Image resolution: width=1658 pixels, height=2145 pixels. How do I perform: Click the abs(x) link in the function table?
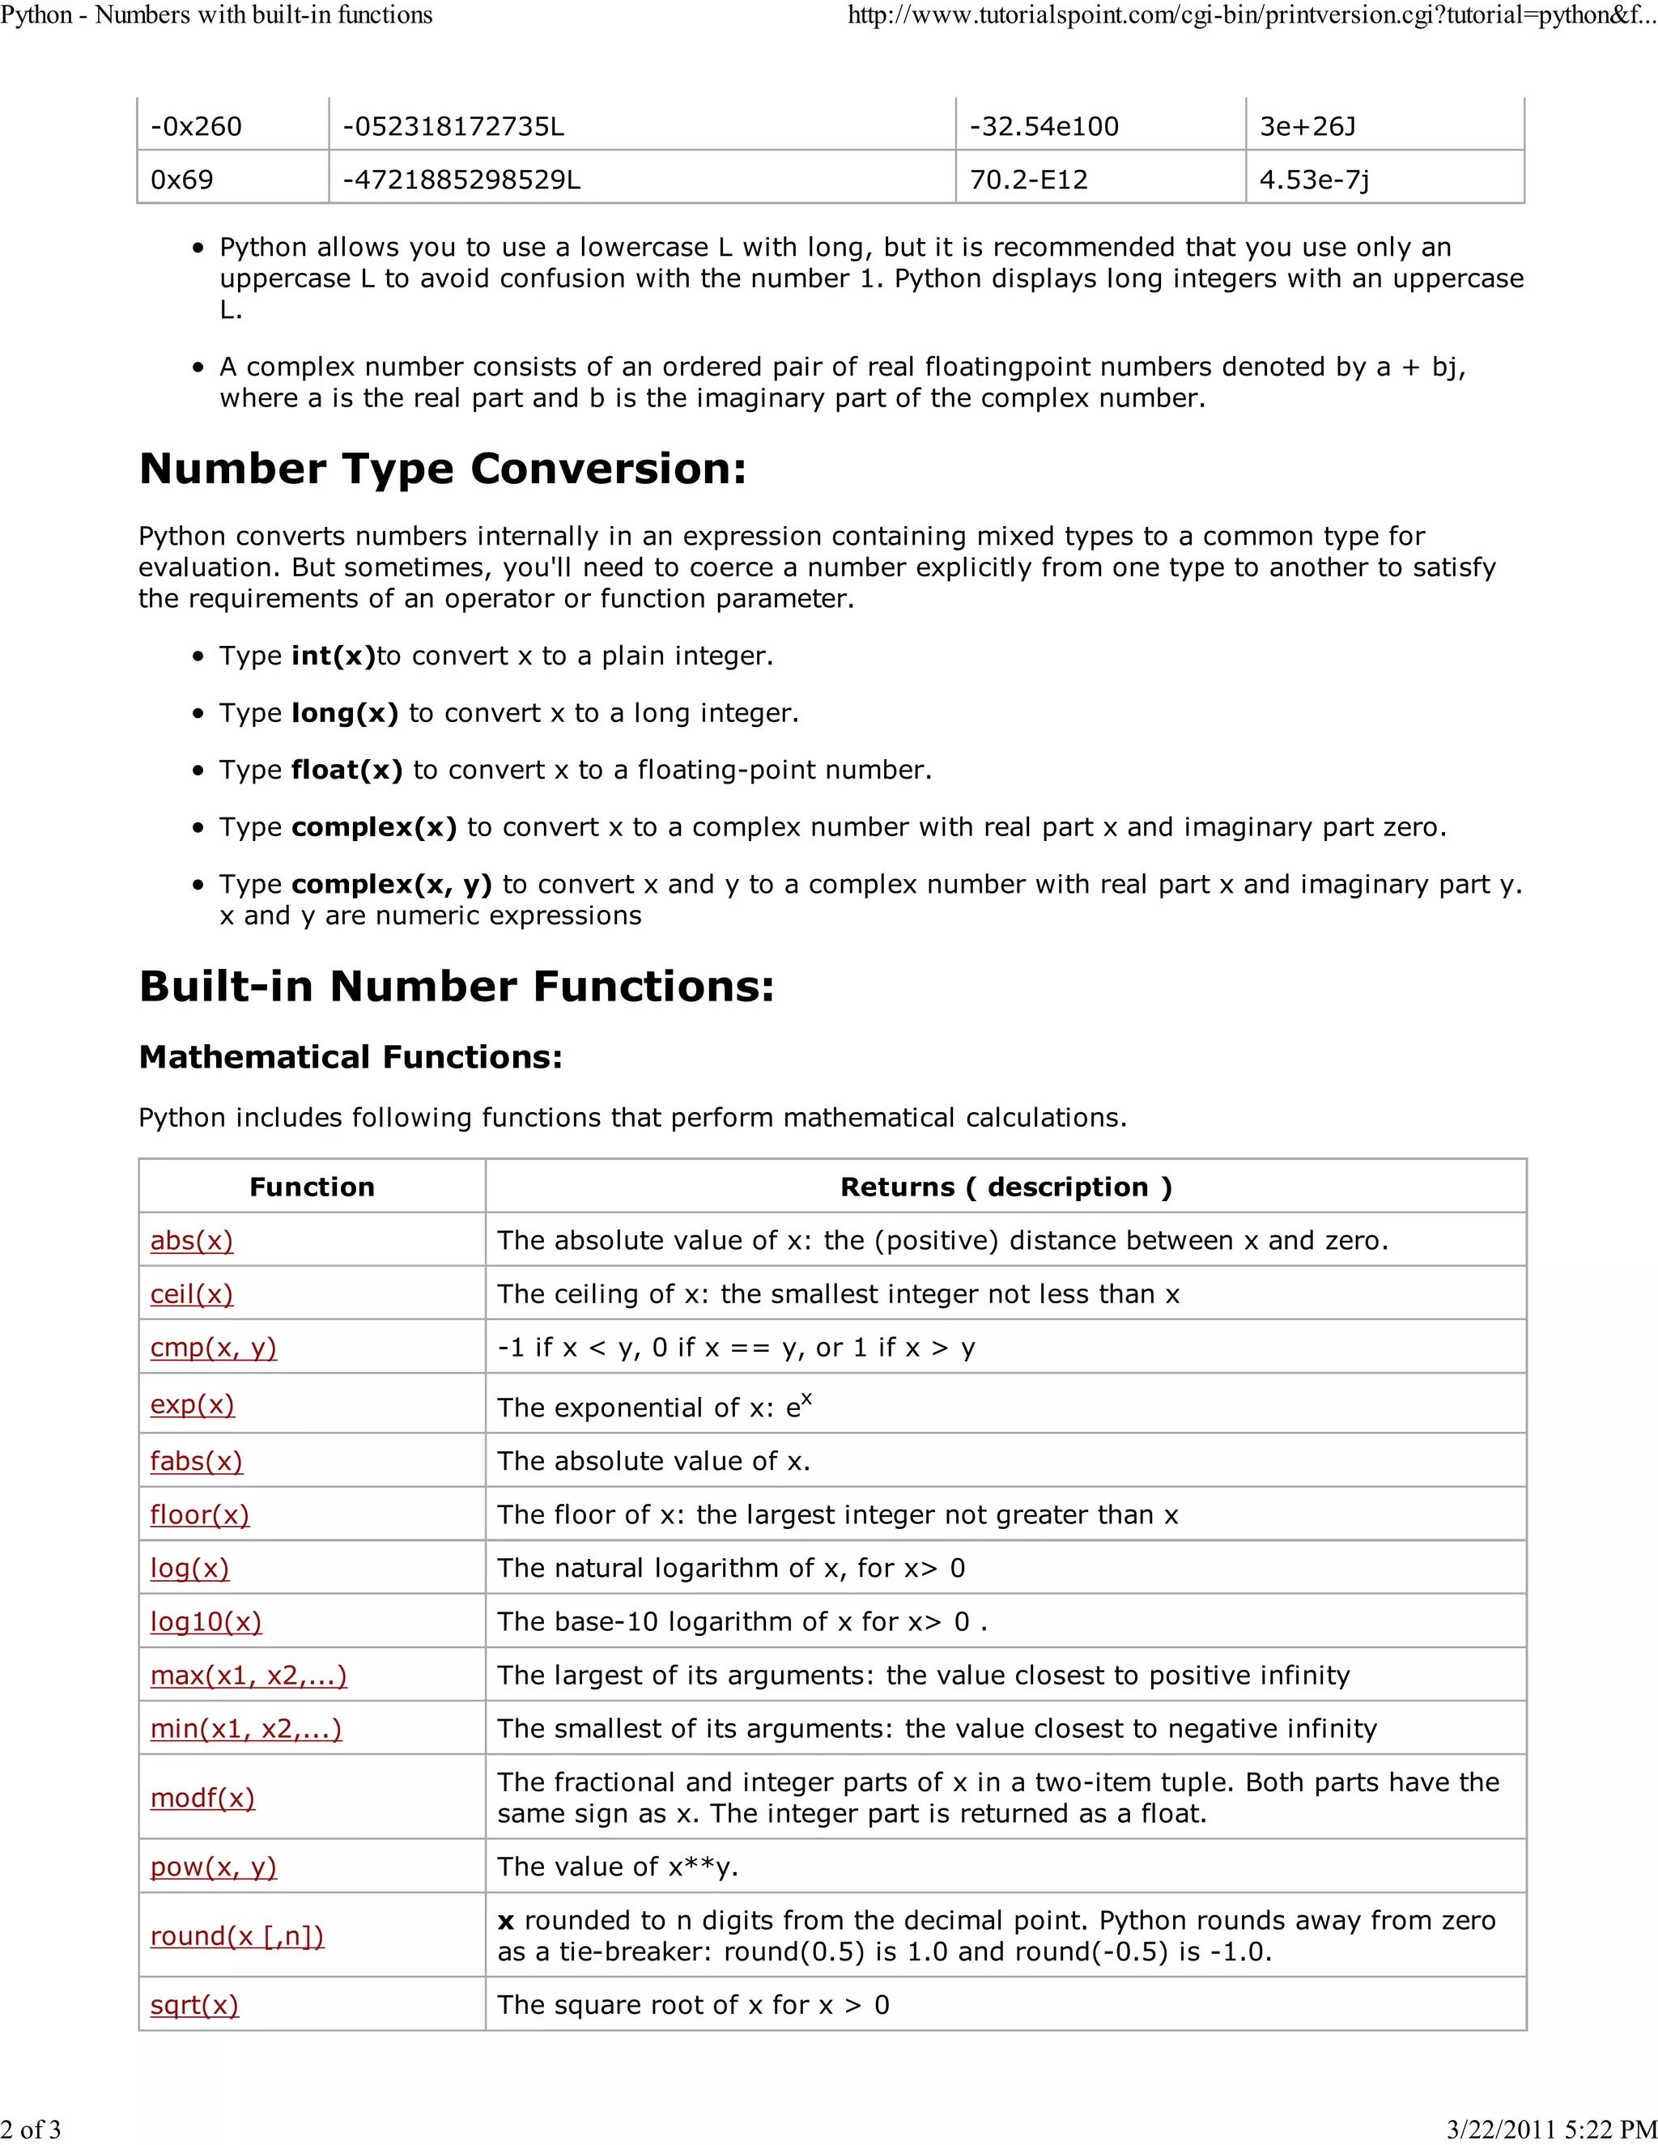point(192,1240)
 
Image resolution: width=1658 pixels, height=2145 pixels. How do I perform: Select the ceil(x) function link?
point(192,1294)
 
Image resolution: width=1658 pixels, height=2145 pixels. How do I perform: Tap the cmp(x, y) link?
point(213,1348)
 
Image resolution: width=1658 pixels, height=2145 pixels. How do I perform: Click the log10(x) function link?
point(206,1621)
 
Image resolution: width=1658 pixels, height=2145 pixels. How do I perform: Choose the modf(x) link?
point(202,1797)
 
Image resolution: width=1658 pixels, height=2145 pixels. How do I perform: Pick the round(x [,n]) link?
point(236,1936)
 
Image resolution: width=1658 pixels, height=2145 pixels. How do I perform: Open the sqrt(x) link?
point(194,2004)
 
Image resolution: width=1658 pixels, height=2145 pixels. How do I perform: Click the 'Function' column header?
point(312,1187)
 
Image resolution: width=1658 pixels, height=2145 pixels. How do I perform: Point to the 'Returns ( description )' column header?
point(1005,1187)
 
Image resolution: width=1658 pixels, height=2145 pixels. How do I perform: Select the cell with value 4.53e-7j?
point(1314,180)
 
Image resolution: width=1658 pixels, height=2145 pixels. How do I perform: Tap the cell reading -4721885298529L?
point(461,180)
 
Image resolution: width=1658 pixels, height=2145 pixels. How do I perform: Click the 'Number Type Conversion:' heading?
point(443,469)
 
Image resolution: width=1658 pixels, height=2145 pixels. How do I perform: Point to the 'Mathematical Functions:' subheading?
point(351,1057)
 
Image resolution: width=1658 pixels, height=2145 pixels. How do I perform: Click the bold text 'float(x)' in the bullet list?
point(346,770)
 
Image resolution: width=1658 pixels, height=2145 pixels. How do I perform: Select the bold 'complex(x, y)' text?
point(391,884)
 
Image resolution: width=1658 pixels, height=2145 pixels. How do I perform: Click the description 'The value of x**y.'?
point(618,1866)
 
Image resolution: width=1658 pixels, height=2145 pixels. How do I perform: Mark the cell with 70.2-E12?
point(1028,180)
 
